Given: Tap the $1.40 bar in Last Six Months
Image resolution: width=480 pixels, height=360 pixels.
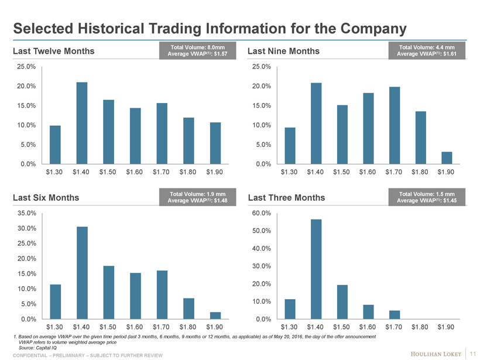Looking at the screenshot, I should point(82,273).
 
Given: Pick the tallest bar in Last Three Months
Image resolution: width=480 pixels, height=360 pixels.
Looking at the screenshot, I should point(316,269).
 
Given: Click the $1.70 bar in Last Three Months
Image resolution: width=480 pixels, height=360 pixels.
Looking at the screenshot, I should point(395,315).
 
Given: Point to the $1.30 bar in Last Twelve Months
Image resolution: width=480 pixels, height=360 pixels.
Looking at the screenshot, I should point(55,145).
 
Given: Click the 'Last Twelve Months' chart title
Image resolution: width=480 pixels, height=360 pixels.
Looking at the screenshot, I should point(53,52).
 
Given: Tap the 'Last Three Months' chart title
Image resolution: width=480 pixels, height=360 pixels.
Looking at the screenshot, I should point(286,198).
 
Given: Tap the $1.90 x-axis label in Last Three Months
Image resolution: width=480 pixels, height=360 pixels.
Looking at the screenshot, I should point(447,327).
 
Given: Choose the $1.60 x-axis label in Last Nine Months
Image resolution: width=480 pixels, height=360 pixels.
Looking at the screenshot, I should point(368,172).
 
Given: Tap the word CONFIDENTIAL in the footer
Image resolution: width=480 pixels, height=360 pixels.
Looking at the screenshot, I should point(32,355).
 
